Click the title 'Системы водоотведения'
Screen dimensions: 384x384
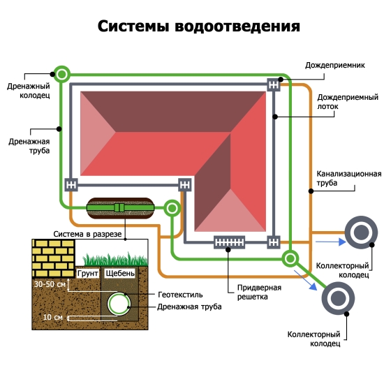198,27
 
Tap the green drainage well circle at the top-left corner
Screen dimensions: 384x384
62,73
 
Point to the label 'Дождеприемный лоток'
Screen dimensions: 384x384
338,103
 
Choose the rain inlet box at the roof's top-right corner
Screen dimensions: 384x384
273,86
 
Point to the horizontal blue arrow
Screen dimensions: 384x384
328,242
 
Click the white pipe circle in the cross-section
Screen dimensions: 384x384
119,302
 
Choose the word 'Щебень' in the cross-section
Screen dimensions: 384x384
119,274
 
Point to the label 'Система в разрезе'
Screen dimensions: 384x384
88,232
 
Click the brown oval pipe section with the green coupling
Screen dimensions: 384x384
119,207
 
